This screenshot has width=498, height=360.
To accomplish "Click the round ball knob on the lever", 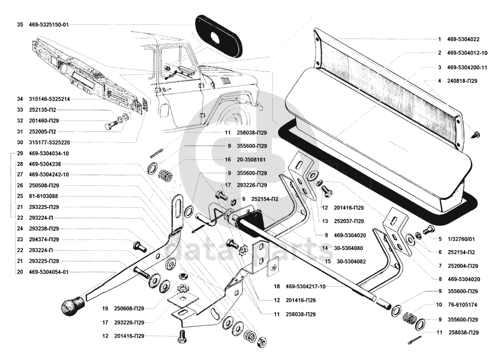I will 72,306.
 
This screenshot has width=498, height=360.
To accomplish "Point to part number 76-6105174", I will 462,305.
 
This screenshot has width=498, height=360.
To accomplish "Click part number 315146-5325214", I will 49,99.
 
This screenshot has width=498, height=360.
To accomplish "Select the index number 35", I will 20,24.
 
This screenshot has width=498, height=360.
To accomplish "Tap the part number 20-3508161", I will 252,160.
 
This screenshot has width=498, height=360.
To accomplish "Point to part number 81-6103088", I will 44,196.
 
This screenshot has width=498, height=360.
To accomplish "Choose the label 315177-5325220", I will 49,142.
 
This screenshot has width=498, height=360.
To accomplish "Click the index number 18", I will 277,286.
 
